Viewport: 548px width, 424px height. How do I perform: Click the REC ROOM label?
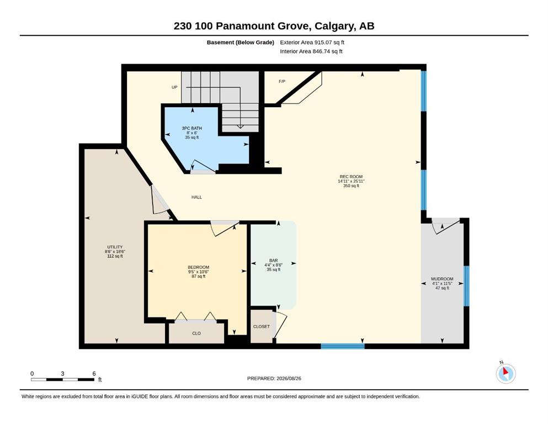pyautogui.click(x=351, y=177)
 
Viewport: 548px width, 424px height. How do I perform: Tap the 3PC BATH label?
pyautogui.click(x=192, y=128)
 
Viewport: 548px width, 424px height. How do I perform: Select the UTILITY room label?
pyautogui.click(x=115, y=247)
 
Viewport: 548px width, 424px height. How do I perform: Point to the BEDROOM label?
pyautogui.click(x=199, y=267)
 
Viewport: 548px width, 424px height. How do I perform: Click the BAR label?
pyautogui.click(x=273, y=261)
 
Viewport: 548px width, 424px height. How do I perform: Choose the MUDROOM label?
pyautogui.click(x=442, y=279)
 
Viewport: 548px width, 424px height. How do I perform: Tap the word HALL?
pyautogui.click(x=197, y=197)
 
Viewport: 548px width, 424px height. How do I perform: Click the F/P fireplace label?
pyautogui.click(x=282, y=82)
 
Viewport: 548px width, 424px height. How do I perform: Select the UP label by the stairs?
pyautogui.click(x=174, y=87)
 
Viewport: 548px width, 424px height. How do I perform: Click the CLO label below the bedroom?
pyautogui.click(x=196, y=333)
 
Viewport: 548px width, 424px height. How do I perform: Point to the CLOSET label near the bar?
pyautogui.click(x=262, y=326)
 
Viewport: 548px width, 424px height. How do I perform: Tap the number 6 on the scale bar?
pyautogui.click(x=94, y=373)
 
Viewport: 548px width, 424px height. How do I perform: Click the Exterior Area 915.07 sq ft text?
pyautogui.click(x=312, y=43)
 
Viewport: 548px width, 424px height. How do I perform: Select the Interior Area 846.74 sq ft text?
pyautogui.click(x=311, y=51)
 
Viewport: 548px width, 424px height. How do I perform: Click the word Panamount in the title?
pyautogui.click(x=262, y=26)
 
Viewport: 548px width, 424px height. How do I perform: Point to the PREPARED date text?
pyautogui.click(x=274, y=378)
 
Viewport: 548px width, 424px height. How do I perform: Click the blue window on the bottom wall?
pyautogui.click(x=343, y=346)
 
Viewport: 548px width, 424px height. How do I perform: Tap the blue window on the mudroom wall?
pyautogui.click(x=466, y=286)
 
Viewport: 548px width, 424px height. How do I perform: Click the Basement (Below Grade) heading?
pyautogui.click(x=241, y=43)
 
